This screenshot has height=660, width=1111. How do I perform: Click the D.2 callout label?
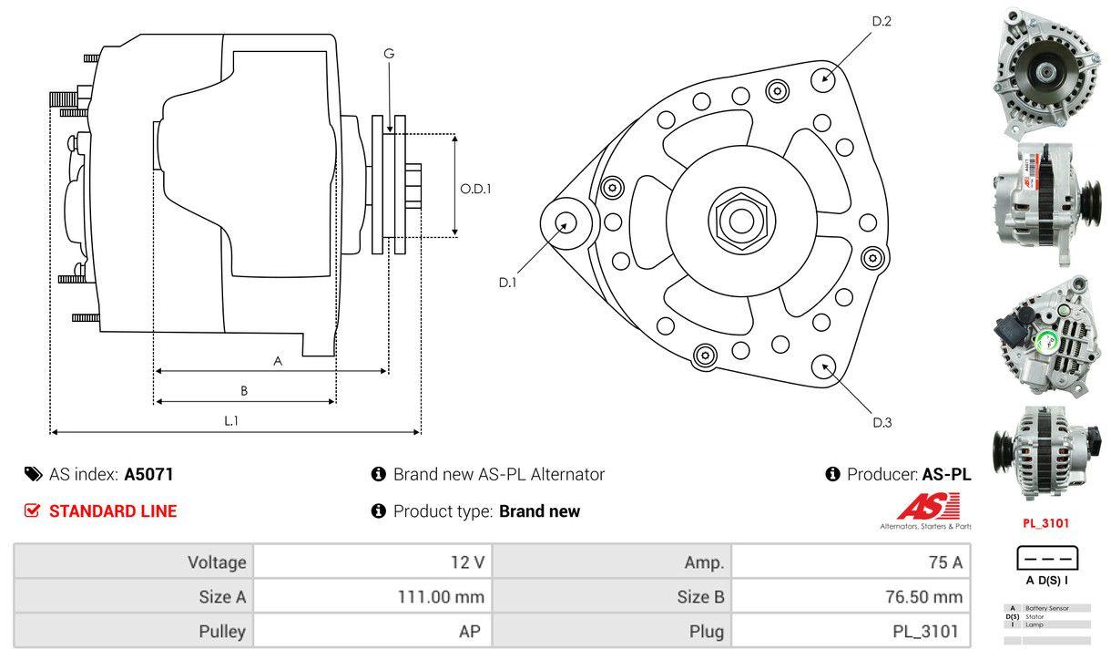(x=881, y=21)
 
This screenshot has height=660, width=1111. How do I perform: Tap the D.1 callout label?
(x=507, y=283)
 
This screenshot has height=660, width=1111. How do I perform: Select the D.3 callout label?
(x=882, y=422)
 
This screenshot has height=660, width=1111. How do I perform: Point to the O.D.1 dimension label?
(x=475, y=189)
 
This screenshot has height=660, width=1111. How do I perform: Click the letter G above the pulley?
(x=389, y=54)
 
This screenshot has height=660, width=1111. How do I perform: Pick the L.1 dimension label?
(x=231, y=420)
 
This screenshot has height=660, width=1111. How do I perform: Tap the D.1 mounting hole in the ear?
(x=566, y=222)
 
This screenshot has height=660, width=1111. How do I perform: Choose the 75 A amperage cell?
(x=944, y=562)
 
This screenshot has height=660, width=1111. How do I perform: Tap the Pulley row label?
(x=222, y=631)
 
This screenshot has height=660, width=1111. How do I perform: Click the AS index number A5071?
(x=148, y=474)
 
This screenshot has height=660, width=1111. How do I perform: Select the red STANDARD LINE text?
(x=113, y=511)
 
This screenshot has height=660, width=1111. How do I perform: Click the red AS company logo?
(x=928, y=508)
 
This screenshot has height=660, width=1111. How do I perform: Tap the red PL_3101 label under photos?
(x=1045, y=523)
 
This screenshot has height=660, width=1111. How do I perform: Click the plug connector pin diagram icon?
(x=1046, y=558)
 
